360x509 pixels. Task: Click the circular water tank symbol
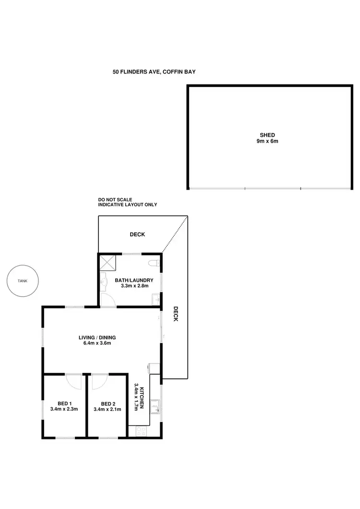tap(23, 281)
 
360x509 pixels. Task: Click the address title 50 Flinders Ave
tap(154, 72)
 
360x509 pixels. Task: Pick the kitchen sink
tap(155, 408)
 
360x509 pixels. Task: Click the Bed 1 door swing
tap(75, 382)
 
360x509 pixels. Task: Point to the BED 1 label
tap(64, 403)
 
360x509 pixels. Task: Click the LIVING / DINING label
tap(97, 337)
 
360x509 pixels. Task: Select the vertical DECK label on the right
tap(176, 314)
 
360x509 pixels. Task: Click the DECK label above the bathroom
tap(137, 235)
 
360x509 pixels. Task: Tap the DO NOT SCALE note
tap(115, 199)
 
